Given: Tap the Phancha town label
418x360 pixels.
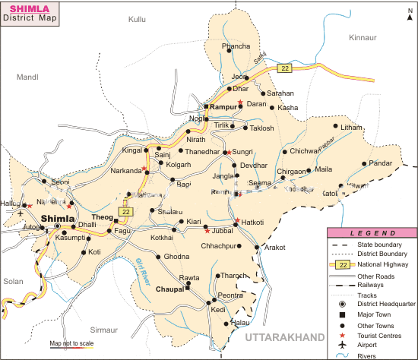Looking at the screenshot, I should click(x=235, y=46).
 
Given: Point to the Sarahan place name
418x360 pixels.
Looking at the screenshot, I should click(x=280, y=93).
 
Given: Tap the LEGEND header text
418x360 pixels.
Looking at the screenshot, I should click(x=372, y=232).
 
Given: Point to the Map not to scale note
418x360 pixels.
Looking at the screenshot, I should click(x=71, y=343).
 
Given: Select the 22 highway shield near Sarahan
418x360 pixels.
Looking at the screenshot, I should click(x=284, y=68).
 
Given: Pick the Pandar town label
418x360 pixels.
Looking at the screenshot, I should click(x=381, y=163).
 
